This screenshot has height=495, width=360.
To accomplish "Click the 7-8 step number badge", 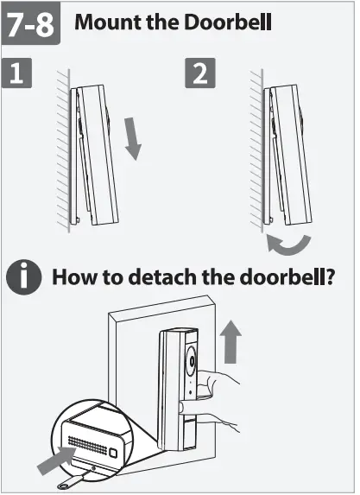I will click(31, 25).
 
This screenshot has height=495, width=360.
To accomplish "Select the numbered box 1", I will click(19, 74).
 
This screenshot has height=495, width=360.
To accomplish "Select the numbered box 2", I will click(200, 74).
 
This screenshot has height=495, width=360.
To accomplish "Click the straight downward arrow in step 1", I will click(132, 138).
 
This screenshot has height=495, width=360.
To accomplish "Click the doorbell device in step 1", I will click(97, 155).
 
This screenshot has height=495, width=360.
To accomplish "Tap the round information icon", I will click(25, 278).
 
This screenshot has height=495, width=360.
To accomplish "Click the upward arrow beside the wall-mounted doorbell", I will click(228, 342).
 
